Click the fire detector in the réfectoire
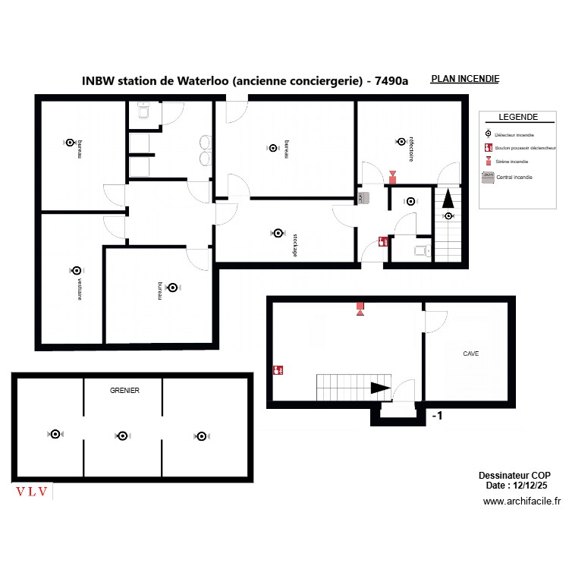click(x=401, y=141)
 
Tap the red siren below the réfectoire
click(x=392, y=177)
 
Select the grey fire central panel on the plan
click(x=363, y=198)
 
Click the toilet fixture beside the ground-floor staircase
click(x=420, y=248)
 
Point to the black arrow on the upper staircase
click(x=448, y=199)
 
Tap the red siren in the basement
click(x=360, y=308)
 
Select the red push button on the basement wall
click(x=278, y=370)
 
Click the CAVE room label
click(x=470, y=354)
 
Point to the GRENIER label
click(x=124, y=390)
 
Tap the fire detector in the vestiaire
click(x=76, y=270)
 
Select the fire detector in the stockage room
click(x=278, y=233)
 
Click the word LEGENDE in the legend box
click(x=518, y=118)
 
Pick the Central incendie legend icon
click(x=488, y=176)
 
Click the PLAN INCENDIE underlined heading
click(x=464, y=79)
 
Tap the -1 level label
click(x=437, y=416)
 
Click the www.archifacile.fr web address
click(x=521, y=501)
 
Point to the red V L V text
click(x=33, y=492)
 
